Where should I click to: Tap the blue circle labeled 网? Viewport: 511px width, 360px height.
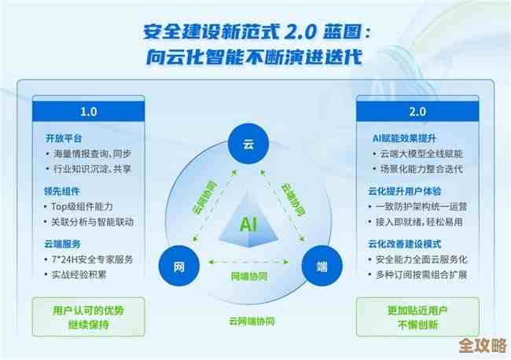(x=178, y=266)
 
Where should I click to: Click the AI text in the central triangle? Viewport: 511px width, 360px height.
(x=250, y=223)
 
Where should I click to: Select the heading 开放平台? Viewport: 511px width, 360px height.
(x=63, y=138)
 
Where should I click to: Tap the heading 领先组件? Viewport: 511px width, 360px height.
(x=63, y=191)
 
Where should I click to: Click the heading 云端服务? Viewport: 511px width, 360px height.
(x=63, y=244)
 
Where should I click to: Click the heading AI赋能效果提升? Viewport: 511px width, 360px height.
(x=399, y=138)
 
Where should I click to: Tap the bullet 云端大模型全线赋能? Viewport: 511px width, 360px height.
(x=421, y=154)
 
